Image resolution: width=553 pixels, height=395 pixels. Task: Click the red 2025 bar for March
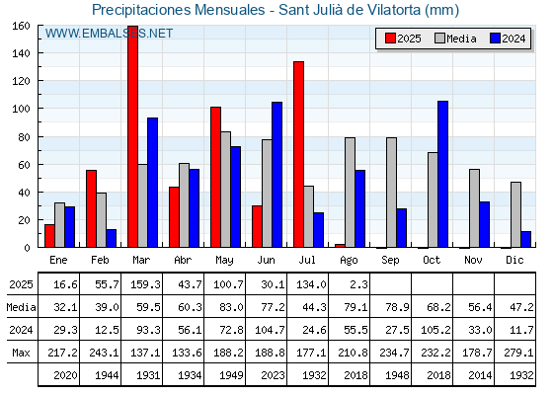(x=133, y=136)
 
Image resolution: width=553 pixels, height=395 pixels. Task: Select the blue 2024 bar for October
(x=443, y=174)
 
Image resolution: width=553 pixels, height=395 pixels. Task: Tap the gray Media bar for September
(x=391, y=193)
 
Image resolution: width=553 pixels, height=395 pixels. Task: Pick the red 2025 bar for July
(x=298, y=154)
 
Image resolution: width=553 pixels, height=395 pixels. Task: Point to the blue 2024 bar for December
(x=525, y=239)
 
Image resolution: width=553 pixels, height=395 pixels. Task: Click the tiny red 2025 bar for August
(x=340, y=246)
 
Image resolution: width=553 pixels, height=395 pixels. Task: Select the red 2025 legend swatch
(x=390, y=39)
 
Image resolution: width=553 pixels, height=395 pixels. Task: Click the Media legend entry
(x=456, y=39)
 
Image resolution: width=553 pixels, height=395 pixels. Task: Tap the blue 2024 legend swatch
(x=495, y=39)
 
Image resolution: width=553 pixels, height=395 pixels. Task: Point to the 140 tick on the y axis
(x=40, y=53)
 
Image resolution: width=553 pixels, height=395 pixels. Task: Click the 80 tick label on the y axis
(x=24, y=137)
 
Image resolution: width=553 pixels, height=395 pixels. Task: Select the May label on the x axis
(x=224, y=261)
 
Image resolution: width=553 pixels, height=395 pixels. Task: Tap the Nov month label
(x=473, y=260)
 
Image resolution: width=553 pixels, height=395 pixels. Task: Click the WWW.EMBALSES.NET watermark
(x=109, y=34)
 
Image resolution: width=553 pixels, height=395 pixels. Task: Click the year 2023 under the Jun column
(x=273, y=375)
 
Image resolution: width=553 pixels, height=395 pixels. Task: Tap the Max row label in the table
(x=21, y=353)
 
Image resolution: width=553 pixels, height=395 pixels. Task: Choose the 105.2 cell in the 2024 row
(x=435, y=330)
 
